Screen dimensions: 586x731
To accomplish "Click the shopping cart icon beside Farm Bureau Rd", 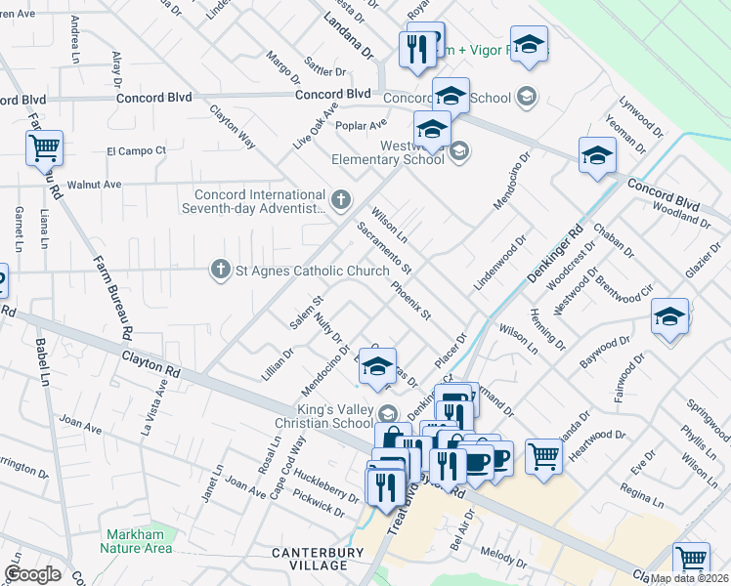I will pyautogui.click(x=44, y=148).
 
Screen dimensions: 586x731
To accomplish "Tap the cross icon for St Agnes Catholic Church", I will pyautogui.click(x=222, y=271).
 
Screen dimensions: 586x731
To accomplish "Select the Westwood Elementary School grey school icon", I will pyautogui.click(x=460, y=150).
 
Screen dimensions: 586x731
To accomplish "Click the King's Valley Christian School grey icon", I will pyautogui.click(x=390, y=413).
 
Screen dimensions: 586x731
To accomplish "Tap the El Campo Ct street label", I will pyautogui.click(x=136, y=151).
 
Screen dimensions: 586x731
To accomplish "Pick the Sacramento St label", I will pyautogui.click(x=384, y=248).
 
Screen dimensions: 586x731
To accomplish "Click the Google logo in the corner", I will pyautogui.click(x=33, y=574).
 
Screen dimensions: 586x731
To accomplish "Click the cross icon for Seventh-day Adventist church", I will pyautogui.click(x=340, y=200).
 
